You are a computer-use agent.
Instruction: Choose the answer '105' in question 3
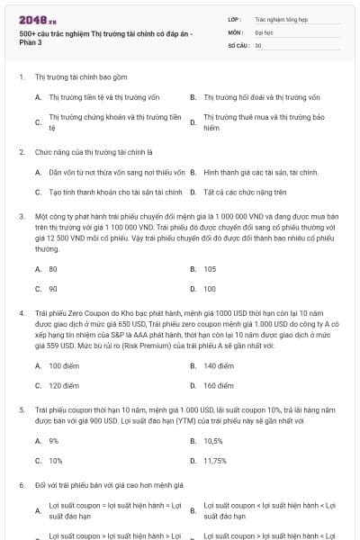point(210,269)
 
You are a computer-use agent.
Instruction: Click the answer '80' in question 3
point(53,269)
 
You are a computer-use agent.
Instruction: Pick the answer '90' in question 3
point(53,289)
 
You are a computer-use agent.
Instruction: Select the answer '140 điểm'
point(219,365)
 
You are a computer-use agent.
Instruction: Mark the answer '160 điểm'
point(219,385)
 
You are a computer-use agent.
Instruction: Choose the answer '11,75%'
point(214,460)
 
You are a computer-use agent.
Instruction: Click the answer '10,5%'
point(213,441)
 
